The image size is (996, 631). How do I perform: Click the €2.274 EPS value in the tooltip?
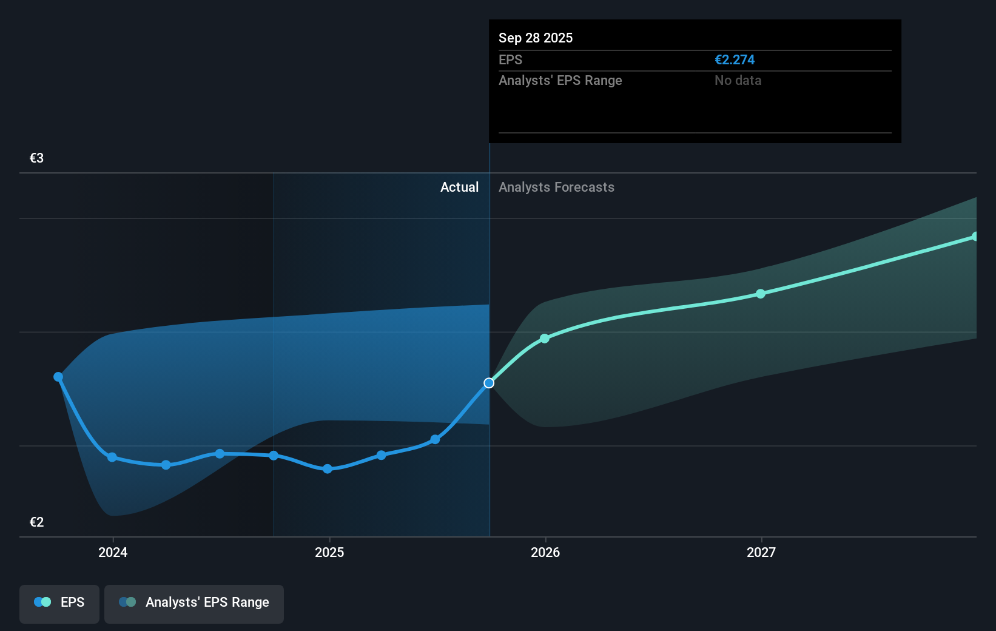735,60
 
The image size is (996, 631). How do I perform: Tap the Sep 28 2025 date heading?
536,38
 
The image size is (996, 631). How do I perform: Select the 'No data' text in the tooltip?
738,81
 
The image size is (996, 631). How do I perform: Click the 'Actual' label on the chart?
459,187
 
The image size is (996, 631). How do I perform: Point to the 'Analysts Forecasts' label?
556,187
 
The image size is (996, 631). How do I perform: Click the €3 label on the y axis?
36,158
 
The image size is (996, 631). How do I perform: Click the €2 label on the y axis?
36,522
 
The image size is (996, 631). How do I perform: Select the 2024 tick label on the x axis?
113,553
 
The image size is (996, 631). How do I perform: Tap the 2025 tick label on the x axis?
329,553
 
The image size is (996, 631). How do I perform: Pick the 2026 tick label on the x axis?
545,553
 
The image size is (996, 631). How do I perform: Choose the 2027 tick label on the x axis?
761,553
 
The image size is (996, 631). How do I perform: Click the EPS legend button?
59,602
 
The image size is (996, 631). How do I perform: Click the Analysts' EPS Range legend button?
194,602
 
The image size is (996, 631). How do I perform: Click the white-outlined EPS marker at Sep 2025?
489,383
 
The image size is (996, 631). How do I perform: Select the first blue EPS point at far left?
58,377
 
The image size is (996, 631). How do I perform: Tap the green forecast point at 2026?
545,339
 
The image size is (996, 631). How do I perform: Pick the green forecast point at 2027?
761,294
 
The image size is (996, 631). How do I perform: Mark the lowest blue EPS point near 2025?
328,469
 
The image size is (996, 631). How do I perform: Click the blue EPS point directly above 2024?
112,457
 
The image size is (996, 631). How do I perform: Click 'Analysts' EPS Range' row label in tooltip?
560,81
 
